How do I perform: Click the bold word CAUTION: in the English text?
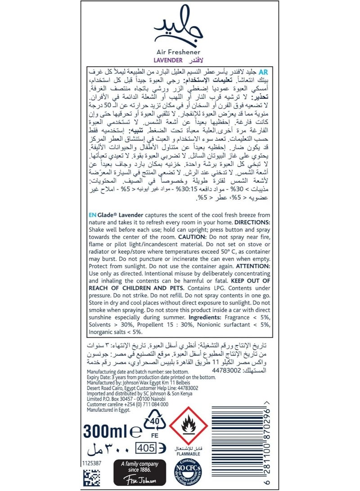(x=180, y=236)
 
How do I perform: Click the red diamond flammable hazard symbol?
(x=188, y=424)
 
